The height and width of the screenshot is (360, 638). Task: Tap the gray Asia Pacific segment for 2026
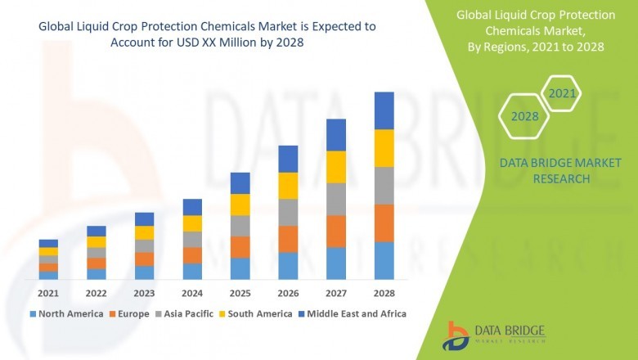(x=287, y=212)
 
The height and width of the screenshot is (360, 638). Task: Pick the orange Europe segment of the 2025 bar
(x=240, y=247)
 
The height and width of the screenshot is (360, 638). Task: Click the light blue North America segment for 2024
(x=192, y=271)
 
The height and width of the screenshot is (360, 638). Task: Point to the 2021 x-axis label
(x=48, y=292)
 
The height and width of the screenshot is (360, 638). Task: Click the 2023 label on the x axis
(x=144, y=292)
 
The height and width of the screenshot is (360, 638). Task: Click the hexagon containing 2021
(x=562, y=94)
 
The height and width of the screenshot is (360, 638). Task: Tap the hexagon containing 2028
(x=524, y=116)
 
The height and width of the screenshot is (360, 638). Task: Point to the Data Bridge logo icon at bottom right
(x=456, y=335)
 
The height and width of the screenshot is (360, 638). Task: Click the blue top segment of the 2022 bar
(x=97, y=231)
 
